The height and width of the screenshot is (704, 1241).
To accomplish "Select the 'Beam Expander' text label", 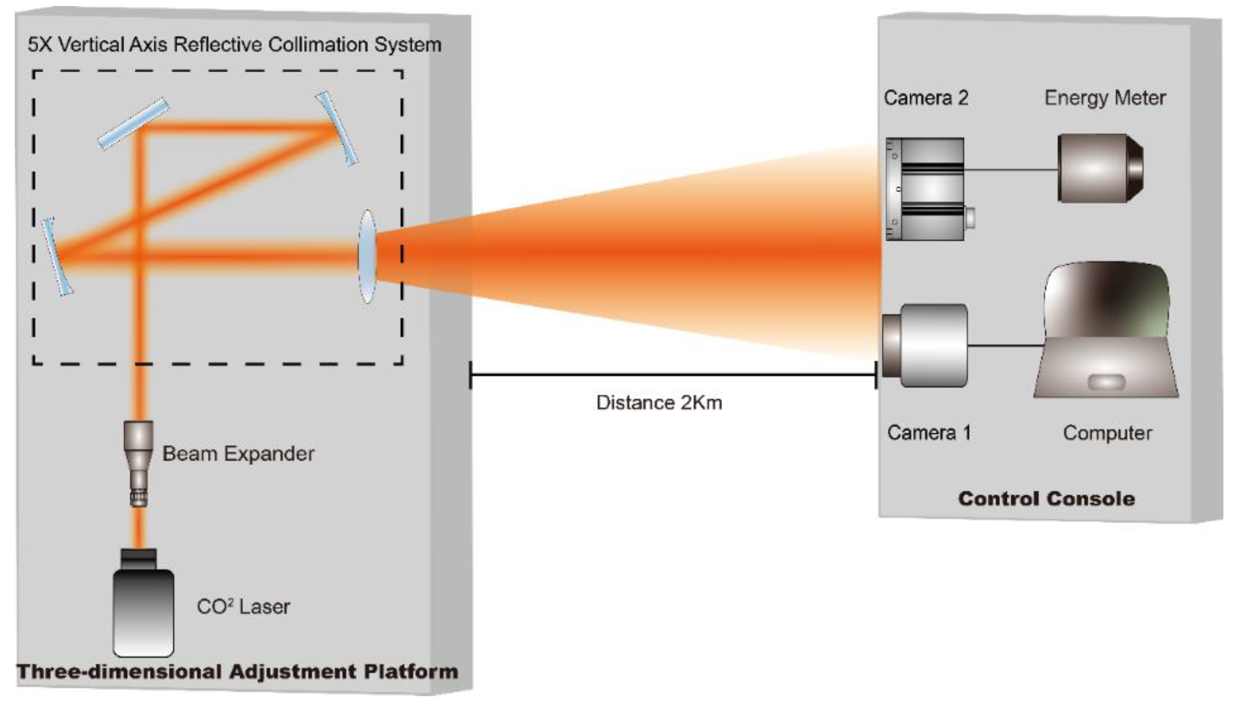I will [238, 454].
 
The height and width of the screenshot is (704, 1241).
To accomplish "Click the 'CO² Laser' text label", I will [243, 607].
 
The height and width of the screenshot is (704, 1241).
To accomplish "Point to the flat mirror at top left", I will [133, 124].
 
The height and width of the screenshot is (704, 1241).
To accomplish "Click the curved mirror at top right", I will [337, 129].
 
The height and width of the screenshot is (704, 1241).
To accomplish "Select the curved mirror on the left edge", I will [57, 256].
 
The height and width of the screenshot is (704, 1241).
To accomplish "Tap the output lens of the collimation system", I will [367, 256].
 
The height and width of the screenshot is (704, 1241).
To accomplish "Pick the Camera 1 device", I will [925, 345].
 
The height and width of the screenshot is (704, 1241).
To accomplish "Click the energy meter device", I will [1100, 168].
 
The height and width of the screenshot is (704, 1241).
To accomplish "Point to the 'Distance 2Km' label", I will [659, 403].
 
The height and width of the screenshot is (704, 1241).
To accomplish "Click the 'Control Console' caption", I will [1047, 498].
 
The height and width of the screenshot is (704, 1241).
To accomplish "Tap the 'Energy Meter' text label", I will [1105, 98].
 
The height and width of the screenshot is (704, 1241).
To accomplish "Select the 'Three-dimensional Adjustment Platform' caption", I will [237, 672].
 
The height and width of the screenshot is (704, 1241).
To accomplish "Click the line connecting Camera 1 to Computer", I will [1005, 345].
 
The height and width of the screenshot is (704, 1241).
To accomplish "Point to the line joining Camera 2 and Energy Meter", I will [1010, 170].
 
